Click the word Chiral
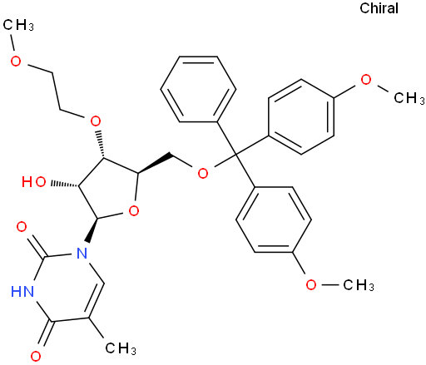[379, 8]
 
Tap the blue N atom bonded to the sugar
[82, 253]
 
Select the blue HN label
[22, 292]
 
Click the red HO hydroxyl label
[34, 182]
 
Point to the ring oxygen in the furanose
[134, 211]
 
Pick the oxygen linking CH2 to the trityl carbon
[203, 174]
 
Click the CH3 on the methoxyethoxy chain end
[18, 25]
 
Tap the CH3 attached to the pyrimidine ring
[121, 348]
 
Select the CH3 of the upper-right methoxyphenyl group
[409, 98]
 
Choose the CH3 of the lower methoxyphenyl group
[359, 284]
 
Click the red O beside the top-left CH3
[16, 61]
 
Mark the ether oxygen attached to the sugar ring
[96, 121]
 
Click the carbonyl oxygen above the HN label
[22, 227]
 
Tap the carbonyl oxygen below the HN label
[36, 356]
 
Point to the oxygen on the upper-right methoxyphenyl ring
[366, 80]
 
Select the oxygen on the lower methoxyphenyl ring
[311, 284]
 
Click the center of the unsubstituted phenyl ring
[198, 89]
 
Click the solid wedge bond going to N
[92, 229]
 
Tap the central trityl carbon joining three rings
[235, 154]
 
